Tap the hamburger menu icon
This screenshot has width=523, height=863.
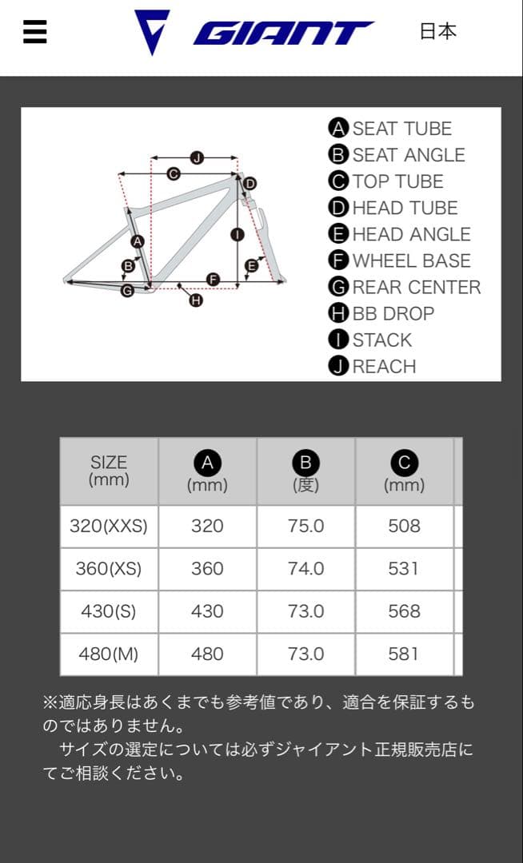pyautogui.click(x=35, y=32)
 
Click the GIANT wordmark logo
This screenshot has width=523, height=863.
pyautogui.click(x=283, y=33)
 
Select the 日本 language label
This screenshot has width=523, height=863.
pyautogui.click(x=438, y=31)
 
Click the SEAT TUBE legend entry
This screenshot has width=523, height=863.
pyautogui.click(x=391, y=129)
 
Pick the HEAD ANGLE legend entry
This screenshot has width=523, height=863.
pyautogui.click(x=400, y=234)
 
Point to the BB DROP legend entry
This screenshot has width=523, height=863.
pyautogui.click(x=382, y=313)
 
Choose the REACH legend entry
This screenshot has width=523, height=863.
pyautogui.click(x=373, y=367)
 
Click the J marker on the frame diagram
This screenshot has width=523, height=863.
pyautogui.click(x=198, y=157)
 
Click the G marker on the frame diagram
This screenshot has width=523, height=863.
pyautogui.click(x=127, y=291)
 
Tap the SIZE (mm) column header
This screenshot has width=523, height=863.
pyautogui.click(x=109, y=471)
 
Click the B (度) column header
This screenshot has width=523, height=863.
pyautogui.click(x=305, y=471)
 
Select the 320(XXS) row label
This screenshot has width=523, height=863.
pyautogui.click(x=109, y=526)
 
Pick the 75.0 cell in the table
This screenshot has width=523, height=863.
pyautogui.click(x=305, y=526)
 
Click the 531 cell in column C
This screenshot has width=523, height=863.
pyautogui.click(x=404, y=568)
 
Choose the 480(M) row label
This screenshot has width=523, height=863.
pyautogui.click(x=109, y=654)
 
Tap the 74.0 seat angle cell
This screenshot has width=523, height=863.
pyautogui.click(x=305, y=568)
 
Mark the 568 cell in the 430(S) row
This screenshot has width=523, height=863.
pyautogui.click(x=404, y=611)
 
